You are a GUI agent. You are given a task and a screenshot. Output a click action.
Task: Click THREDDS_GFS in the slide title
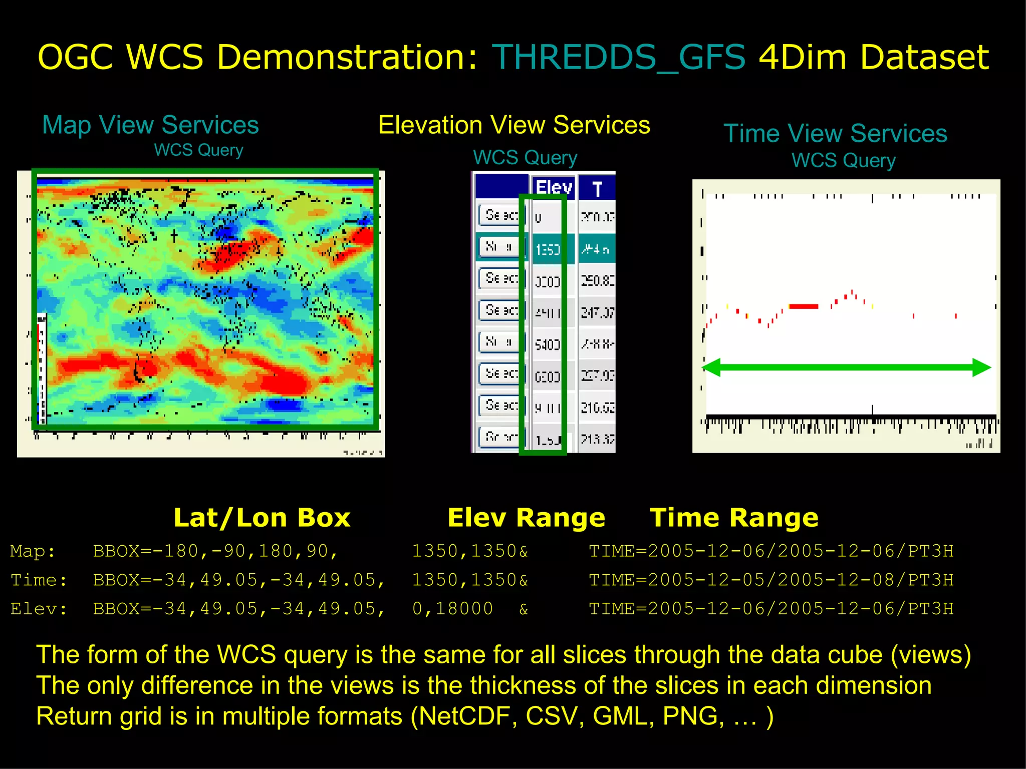coord(618,57)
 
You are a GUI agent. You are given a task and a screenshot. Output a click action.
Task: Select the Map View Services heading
coord(150,125)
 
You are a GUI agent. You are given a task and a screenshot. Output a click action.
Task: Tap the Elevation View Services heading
coord(514,125)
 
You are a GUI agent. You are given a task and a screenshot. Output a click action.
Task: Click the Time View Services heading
coord(835,134)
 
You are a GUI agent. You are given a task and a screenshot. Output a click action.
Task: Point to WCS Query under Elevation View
coord(525,158)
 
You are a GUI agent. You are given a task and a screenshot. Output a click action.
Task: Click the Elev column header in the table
coord(553,188)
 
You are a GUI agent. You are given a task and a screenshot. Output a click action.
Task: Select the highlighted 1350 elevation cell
coord(548,249)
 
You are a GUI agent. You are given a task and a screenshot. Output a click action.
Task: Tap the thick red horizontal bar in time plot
coord(803,306)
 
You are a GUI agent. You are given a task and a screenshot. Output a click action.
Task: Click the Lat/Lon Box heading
coord(262,518)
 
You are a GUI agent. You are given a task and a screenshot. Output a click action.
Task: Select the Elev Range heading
coord(526,518)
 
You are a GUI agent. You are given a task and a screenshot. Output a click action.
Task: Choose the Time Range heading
coord(733,518)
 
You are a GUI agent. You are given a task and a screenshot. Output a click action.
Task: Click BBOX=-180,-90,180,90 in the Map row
coord(215,551)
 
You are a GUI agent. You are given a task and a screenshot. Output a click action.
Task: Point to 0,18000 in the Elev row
coord(452,609)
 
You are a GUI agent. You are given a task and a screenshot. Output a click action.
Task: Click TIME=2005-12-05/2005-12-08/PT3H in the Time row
coord(771,580)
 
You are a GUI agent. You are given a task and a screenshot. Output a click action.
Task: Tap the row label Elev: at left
coord(39,609)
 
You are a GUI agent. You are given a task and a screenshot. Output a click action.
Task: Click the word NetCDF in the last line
coord(464,716)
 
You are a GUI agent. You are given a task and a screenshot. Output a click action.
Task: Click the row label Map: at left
coord(33,551)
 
